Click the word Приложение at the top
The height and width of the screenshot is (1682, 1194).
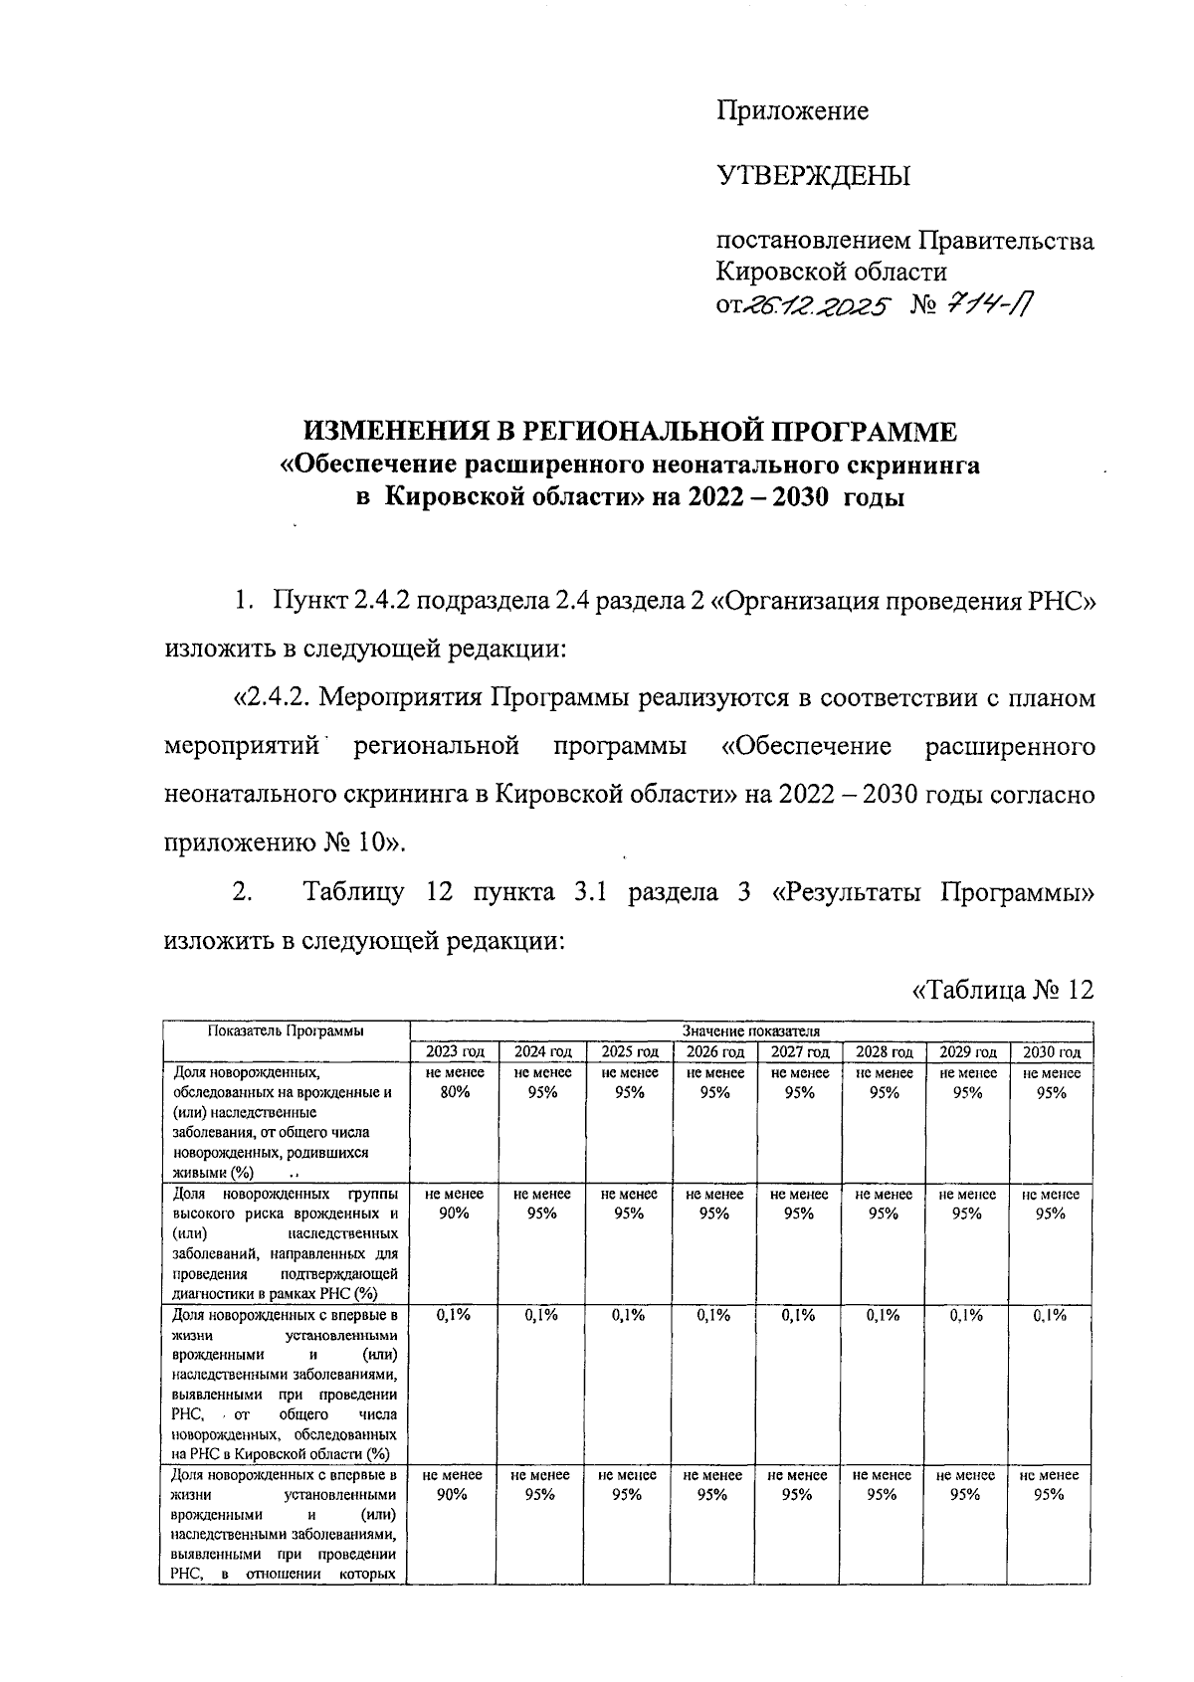pos(793,110)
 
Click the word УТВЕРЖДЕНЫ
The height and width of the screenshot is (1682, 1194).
pos(814,177)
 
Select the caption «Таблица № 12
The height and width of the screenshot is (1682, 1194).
pos(1003,990)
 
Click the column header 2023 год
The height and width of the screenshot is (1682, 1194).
pos(455,1052)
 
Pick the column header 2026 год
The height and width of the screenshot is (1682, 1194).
pos(714,1052)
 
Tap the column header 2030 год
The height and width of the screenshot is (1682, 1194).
pos(1052,1052)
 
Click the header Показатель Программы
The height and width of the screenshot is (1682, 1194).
pos(286,1030)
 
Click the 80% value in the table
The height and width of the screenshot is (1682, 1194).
pos(455,1092)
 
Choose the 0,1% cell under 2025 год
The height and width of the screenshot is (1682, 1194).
pos(628,1315)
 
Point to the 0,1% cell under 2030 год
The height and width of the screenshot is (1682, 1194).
pos(1051,1315)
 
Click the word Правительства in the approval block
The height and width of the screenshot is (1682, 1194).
pos(1005,242)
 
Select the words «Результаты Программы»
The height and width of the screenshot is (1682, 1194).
pos(933,892)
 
